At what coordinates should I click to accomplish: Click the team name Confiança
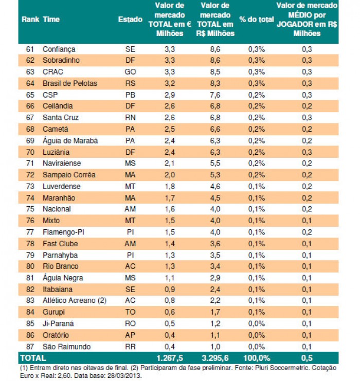[59, 49]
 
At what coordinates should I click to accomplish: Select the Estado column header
[130, 20]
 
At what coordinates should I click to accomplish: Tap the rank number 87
[29, 347]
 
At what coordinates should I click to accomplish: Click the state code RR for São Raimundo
[130, 347]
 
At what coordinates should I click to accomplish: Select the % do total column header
[256, 20]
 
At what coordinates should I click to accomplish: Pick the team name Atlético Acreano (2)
[74, 301]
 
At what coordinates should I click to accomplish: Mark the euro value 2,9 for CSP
[169, 95]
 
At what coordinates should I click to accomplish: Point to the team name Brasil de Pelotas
[70, 83]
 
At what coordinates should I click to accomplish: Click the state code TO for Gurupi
[130, 312]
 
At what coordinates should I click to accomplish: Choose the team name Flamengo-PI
[63, 232]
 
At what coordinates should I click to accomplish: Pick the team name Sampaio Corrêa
[69, 175]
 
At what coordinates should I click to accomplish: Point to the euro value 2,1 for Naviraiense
[169, 164]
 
